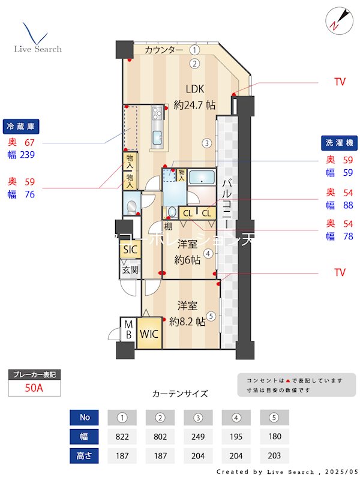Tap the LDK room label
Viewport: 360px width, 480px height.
point(194,89)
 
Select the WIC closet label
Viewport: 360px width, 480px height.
point(149,334)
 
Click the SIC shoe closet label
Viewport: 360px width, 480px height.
point(130,250)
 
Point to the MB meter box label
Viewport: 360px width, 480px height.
point(128,330)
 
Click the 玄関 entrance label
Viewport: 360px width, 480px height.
point(130,269)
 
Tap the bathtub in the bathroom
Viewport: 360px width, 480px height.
point(202,178)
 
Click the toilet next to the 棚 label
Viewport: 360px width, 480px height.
point(172,212)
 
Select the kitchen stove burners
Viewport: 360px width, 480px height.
point(157,113)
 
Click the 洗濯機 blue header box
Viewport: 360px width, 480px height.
point(340,143)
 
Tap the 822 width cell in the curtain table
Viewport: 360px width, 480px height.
point(122,436)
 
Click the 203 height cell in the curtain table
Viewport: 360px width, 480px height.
point(274,455)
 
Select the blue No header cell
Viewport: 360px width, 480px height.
point(84,417)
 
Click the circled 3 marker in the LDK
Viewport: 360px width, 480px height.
point(206,143)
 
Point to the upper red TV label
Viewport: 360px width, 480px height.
point(340,82)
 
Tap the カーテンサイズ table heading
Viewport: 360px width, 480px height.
point(180,394)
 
